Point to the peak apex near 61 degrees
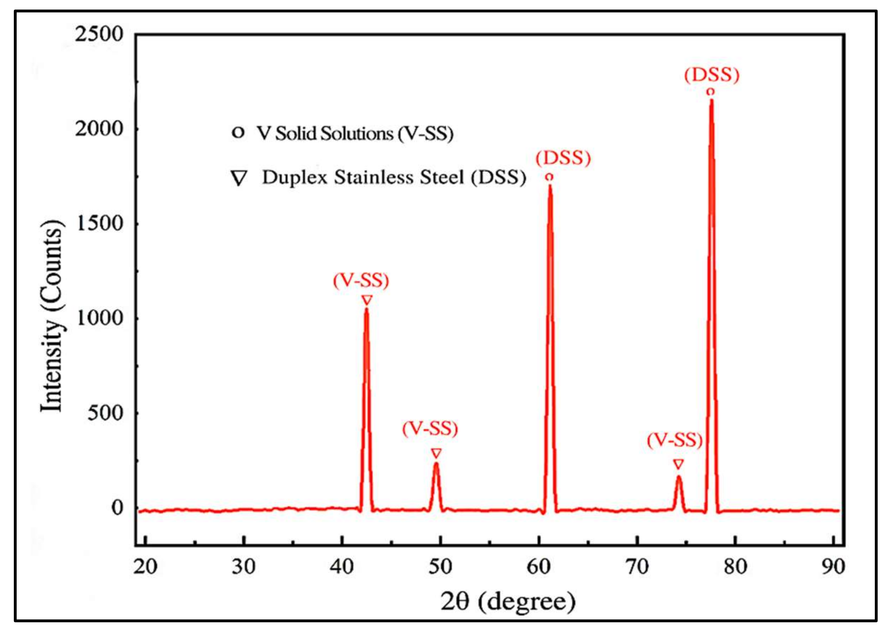pos(550,186)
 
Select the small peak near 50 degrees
pos(436,464)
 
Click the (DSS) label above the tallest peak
pos(712,75)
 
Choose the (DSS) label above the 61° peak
pos(563,158)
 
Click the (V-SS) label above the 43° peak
pos(361,281)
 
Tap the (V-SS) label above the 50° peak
pos(430,429)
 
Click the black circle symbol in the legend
pos(238,133)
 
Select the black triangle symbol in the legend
pos(239,178)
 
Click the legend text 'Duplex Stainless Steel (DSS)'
pos(394,178)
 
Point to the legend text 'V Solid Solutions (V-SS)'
pos(354,134)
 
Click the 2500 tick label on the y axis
pos(99,34)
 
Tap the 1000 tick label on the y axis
pos(99,318)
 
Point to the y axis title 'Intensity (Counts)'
pos(51,316)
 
